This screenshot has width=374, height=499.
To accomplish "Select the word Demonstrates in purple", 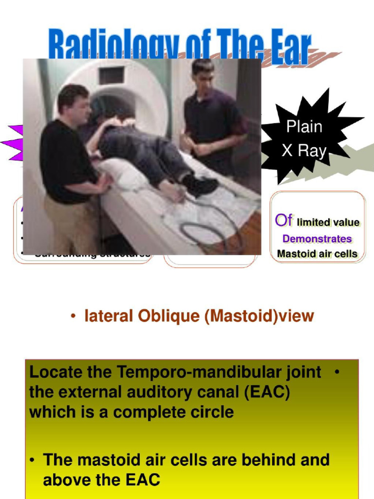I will point(317,239).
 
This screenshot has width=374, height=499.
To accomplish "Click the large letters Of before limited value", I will point(283,221).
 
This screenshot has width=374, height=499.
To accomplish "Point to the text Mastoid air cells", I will point(317,254).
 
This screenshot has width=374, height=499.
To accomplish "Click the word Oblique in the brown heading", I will point(168,316).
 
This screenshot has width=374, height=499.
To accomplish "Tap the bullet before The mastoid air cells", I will point(32,460).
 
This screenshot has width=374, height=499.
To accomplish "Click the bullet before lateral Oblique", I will point(73,317).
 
